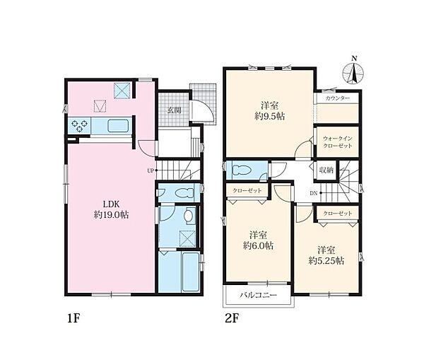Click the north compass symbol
(x=353, y=71)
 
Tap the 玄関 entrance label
(x=174, y=110)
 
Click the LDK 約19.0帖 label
(x=112, y=209)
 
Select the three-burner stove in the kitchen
(x=79, y=126)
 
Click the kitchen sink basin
(x=118, y=126)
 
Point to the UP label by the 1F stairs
(x=151, y=170)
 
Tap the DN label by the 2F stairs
(x=313, y=193)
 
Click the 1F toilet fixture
(x=184, y=193)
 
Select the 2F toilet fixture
(x=242, y=170)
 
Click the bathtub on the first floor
(x=191, y=272)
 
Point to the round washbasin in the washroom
(x=189, y=216)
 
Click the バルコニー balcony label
(x=258, y=295)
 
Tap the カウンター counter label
(x=338, y=98)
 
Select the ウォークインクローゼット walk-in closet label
(x=338, y=142)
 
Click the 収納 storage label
(x=326, y=170)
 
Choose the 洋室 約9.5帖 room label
(x=270, y=111)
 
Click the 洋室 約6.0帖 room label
(x=258, y=240)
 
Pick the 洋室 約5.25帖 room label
(x=326, y=255)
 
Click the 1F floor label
(x=73, y=318)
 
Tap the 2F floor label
(x=232, y=318)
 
